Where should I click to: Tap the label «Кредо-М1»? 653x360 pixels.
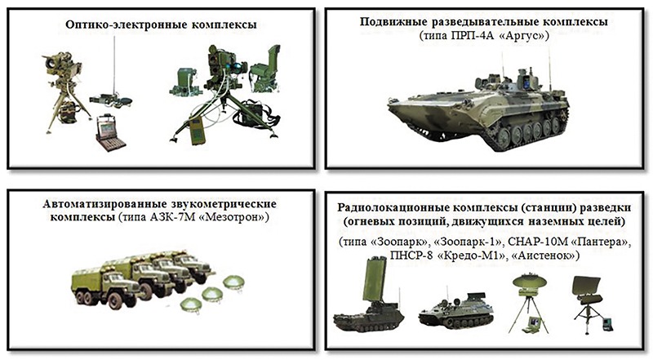pos(474,255)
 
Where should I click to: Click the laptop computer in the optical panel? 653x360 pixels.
pos(110,132)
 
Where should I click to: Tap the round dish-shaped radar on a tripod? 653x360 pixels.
pos(529,282)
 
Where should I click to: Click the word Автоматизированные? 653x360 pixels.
pos(105,205)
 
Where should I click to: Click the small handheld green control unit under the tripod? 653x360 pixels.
pos(197,131)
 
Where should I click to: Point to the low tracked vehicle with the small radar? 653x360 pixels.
pos(456,312)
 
